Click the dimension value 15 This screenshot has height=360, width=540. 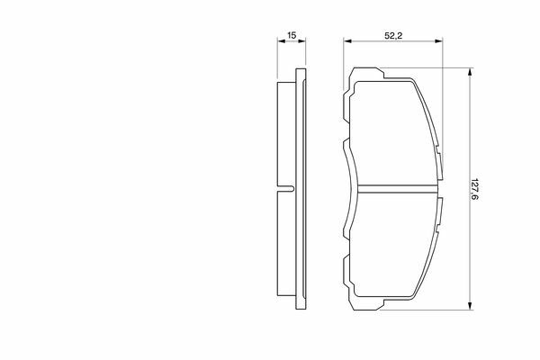(292, 35)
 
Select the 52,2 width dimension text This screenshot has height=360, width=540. (393, 35)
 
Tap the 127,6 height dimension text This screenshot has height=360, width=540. (475, 189)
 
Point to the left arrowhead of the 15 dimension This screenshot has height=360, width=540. (282, 41)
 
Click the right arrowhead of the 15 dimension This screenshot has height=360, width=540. (301, 41)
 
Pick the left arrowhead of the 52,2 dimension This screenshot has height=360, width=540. (347, 41)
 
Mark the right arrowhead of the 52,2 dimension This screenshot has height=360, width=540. (438, 41)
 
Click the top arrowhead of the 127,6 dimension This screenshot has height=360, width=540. (470, 72)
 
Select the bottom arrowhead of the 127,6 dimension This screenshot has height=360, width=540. (470, 306)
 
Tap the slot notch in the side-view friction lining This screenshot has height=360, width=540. (285, 189)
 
